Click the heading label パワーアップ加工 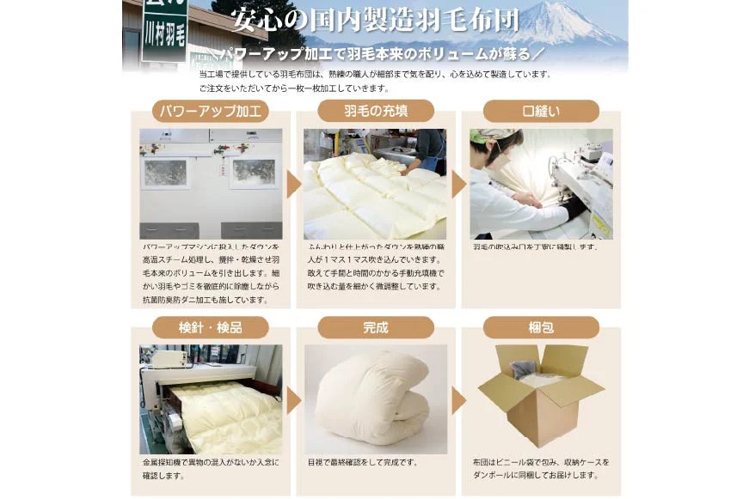click(210, 111)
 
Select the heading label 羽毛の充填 click(376, 111)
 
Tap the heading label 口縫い click(541, 111)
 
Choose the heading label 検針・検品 click(210, 327)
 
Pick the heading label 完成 click(376, 327)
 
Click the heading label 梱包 click(541, 327)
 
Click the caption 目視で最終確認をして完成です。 click(362, 462)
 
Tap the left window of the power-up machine click(165, 173)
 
